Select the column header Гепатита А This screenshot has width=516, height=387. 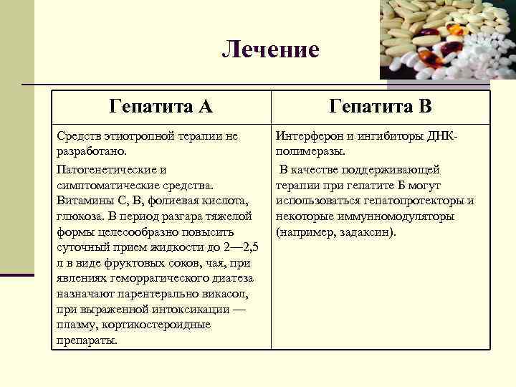[x=161, y=107]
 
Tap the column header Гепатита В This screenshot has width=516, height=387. [x=381, y=107]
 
